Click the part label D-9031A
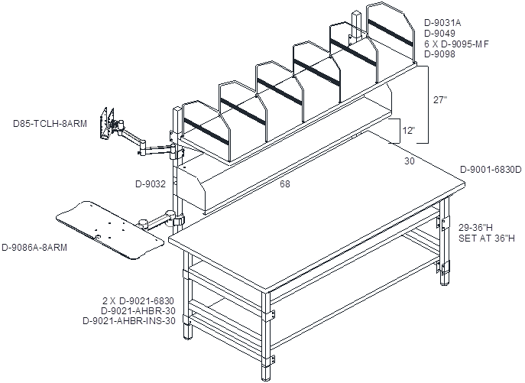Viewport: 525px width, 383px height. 442,23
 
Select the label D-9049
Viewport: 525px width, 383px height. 439,33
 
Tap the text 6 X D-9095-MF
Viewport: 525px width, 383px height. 456,44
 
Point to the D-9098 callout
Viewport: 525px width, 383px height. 439,54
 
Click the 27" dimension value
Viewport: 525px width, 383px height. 440,100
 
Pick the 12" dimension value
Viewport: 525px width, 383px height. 409,131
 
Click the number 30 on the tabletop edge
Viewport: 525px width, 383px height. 409,161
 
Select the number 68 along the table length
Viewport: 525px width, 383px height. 285,184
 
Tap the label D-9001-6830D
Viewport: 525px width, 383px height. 491,170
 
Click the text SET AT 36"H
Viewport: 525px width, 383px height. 487,239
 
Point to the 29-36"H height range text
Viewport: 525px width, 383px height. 475,228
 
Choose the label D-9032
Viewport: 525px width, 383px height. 151,184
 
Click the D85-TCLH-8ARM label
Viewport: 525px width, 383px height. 50,124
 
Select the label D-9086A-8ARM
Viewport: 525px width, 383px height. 34,247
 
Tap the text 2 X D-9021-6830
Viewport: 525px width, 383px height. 138,300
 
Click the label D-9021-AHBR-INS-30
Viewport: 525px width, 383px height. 129,321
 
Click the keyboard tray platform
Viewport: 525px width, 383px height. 110,230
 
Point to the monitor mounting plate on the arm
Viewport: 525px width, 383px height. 108,123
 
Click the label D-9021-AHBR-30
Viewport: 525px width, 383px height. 138,310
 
